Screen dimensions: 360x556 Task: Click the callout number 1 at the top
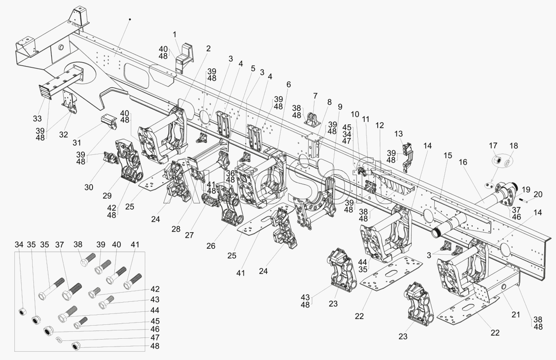(174, 33)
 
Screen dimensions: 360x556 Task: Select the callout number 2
(208, 48)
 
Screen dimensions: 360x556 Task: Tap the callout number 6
(289, 84)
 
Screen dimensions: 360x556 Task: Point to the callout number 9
(340, 106)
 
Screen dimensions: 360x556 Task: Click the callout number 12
(380, 125)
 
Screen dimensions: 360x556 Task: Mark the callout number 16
(463, 162)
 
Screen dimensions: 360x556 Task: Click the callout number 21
(516, 314)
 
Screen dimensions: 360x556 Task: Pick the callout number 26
(211, 246)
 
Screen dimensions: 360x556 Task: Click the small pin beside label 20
(522, 200)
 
